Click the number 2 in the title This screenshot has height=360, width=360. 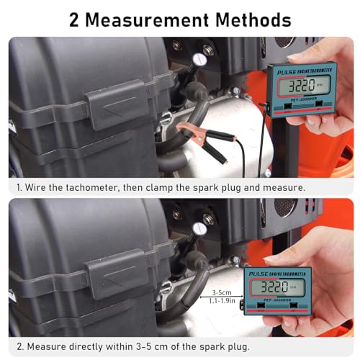75,19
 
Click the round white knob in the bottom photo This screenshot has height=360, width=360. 199,229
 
